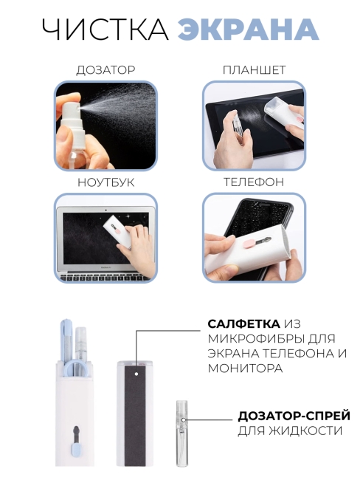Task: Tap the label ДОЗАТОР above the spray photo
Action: tap(105, 70)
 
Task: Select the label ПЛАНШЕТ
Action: tap(254, 70)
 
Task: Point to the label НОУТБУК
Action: tap(105, 182)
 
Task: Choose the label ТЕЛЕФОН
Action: tap(254, 182)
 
